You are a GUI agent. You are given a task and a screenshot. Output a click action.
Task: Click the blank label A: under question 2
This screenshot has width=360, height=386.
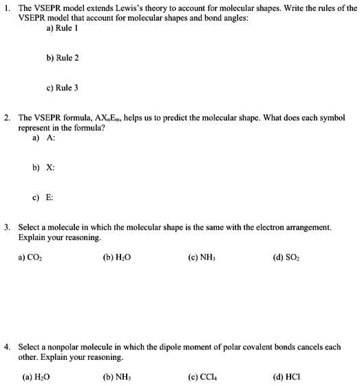click(50, 138)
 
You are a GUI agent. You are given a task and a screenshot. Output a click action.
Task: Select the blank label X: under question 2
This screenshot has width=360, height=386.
click(50, 167)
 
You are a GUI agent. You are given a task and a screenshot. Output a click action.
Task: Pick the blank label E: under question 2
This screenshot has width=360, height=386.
click(50, 197)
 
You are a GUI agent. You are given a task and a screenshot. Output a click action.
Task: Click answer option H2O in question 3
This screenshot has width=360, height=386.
click(118, 258)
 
